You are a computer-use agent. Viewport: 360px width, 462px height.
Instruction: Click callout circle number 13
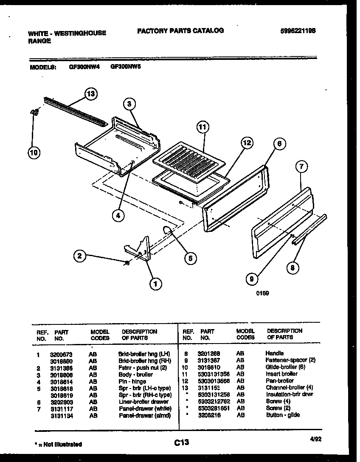point(90,93)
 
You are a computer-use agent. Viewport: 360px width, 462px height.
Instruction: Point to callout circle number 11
point(204,127)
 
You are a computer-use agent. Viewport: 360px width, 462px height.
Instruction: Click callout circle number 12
point(246,144)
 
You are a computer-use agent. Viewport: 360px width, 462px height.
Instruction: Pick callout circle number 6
point(279,144)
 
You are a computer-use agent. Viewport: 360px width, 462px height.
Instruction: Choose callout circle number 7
point(301,167)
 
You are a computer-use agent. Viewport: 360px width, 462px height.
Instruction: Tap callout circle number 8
point(292,268)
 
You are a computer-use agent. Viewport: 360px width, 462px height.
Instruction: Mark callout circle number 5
point(190,258)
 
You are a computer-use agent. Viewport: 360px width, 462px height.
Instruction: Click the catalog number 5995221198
point(298,31)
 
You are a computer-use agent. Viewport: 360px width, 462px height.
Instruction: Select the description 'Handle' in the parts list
point(274,353)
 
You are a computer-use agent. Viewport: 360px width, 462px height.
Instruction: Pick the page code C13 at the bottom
point(181,443)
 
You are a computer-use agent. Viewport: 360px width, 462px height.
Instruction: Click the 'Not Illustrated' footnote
point(58,444)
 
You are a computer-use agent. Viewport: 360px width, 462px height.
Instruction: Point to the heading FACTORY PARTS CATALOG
point(180,31)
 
